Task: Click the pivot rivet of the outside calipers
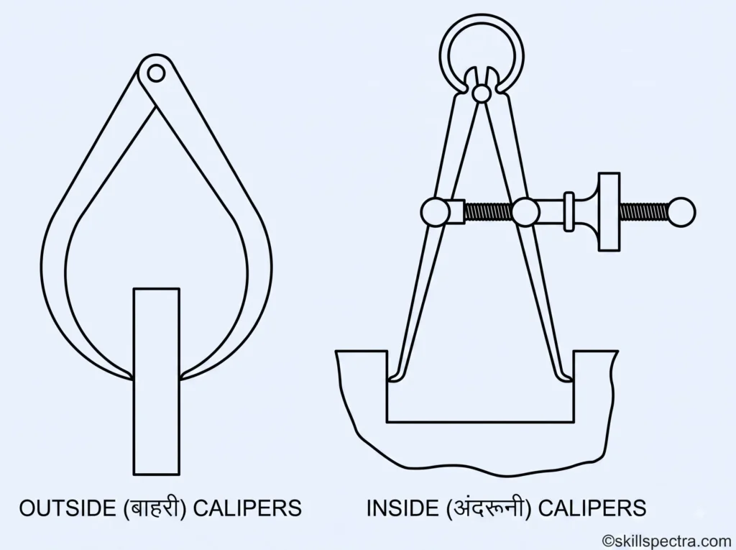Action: coord(156,74)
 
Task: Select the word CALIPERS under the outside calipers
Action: coord(247,508)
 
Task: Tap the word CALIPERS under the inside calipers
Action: coord(592,508)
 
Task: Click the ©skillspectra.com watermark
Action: coord(668,541)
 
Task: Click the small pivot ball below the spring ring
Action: coord(482,93)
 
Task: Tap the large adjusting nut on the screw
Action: coord(609,212)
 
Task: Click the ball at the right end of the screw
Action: coord(681,212)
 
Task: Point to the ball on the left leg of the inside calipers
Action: coord(435,212)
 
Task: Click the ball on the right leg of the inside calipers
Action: coord(525,212)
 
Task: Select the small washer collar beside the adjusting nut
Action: coord(569,212)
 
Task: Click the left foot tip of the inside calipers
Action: coord(390,378)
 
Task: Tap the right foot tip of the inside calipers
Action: coord(571,378)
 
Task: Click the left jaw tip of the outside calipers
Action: coord(132,377)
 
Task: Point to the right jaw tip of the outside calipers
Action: coord(180,377)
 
